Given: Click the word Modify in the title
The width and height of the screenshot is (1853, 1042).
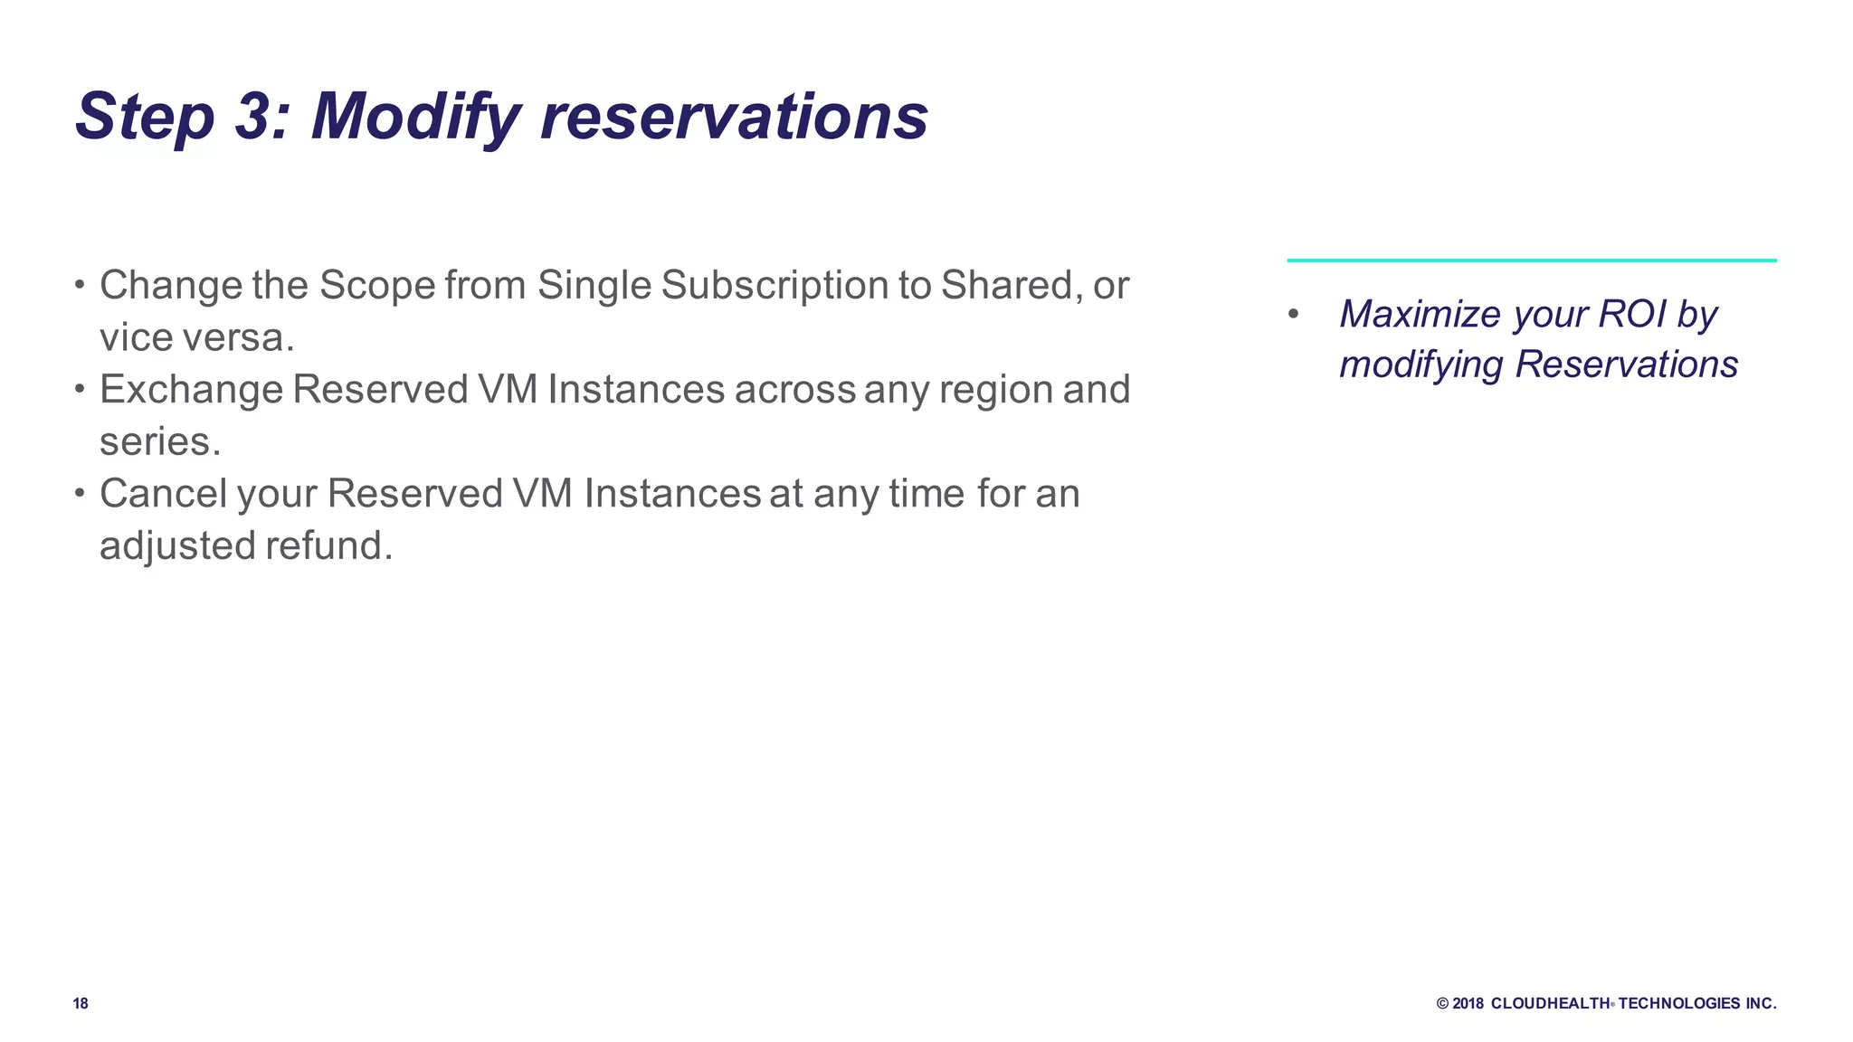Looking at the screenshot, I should tap(416, 118).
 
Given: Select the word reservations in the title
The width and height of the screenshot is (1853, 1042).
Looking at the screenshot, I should tap(734, 118).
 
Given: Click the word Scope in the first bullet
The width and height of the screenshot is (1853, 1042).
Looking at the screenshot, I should tap(377, 286).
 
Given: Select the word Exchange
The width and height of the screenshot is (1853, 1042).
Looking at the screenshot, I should tap(191, 390).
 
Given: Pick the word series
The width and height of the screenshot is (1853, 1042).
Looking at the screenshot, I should tap(159, 442).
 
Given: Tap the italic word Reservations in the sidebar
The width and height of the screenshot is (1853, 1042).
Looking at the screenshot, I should tap(1626, 365).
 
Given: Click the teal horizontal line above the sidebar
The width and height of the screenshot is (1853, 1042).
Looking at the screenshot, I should tap(1531, 260).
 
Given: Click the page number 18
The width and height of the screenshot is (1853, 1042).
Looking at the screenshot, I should tap(81, 1003).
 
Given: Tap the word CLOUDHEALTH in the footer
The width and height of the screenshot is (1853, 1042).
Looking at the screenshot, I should tap(1550, 1003).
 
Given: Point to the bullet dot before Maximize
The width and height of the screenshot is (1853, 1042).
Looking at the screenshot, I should tap(1294, 314).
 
